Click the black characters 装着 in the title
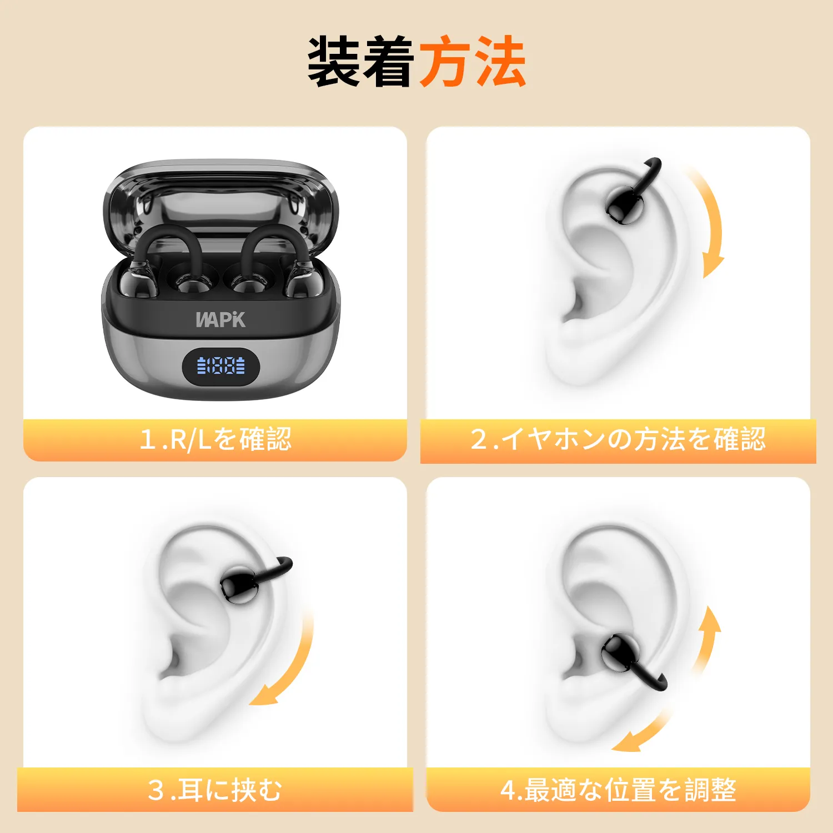[362, 62]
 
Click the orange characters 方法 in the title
[473, 62]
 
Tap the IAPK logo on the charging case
[220, 320]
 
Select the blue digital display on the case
[221, 365]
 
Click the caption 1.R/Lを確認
[215, 439]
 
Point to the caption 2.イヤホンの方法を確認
[618, 439]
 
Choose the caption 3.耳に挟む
[215, 790]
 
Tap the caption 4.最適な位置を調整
[618, 790]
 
